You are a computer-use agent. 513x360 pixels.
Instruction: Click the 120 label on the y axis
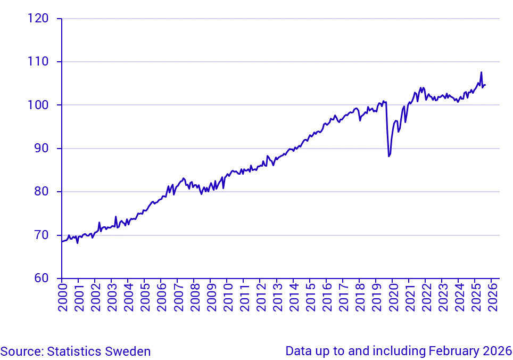pyautogui.click(x=38, y=19)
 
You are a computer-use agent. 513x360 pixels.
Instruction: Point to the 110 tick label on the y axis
pyautogui.click(x=38, y=62)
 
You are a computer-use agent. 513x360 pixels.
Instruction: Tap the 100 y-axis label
pyautogui.click(x=38, y=105)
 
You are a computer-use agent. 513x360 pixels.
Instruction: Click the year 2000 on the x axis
pyautogui.click(x=62, y=297)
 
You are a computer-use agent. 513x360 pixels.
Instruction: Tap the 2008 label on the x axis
pyautogui.click(x=194, y=297)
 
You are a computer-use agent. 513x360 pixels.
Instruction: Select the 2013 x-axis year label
pyautogui.click(x=277, y=297)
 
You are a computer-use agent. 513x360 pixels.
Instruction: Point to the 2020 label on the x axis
pyautogui.click(x=393, y=297)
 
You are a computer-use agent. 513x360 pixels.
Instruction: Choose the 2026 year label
pyautogui.click(x=492, y=297)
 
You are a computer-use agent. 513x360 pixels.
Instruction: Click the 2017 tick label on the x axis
pyautogui.click(x=343, y=297)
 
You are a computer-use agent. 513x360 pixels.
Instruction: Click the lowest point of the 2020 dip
pyautogui.click(x=389, y=156)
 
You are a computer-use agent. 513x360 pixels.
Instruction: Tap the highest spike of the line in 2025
pyautogui.click(x=481, y=72)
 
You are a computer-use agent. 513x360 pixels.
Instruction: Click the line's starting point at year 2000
pyautogui.click(x=62, y=242)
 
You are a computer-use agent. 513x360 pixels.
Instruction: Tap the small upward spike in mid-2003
pyautogui.click(x=115, y=217)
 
